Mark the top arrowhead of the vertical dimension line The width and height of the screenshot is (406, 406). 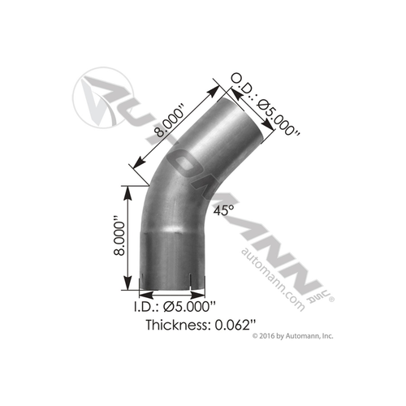coord(127,188)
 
